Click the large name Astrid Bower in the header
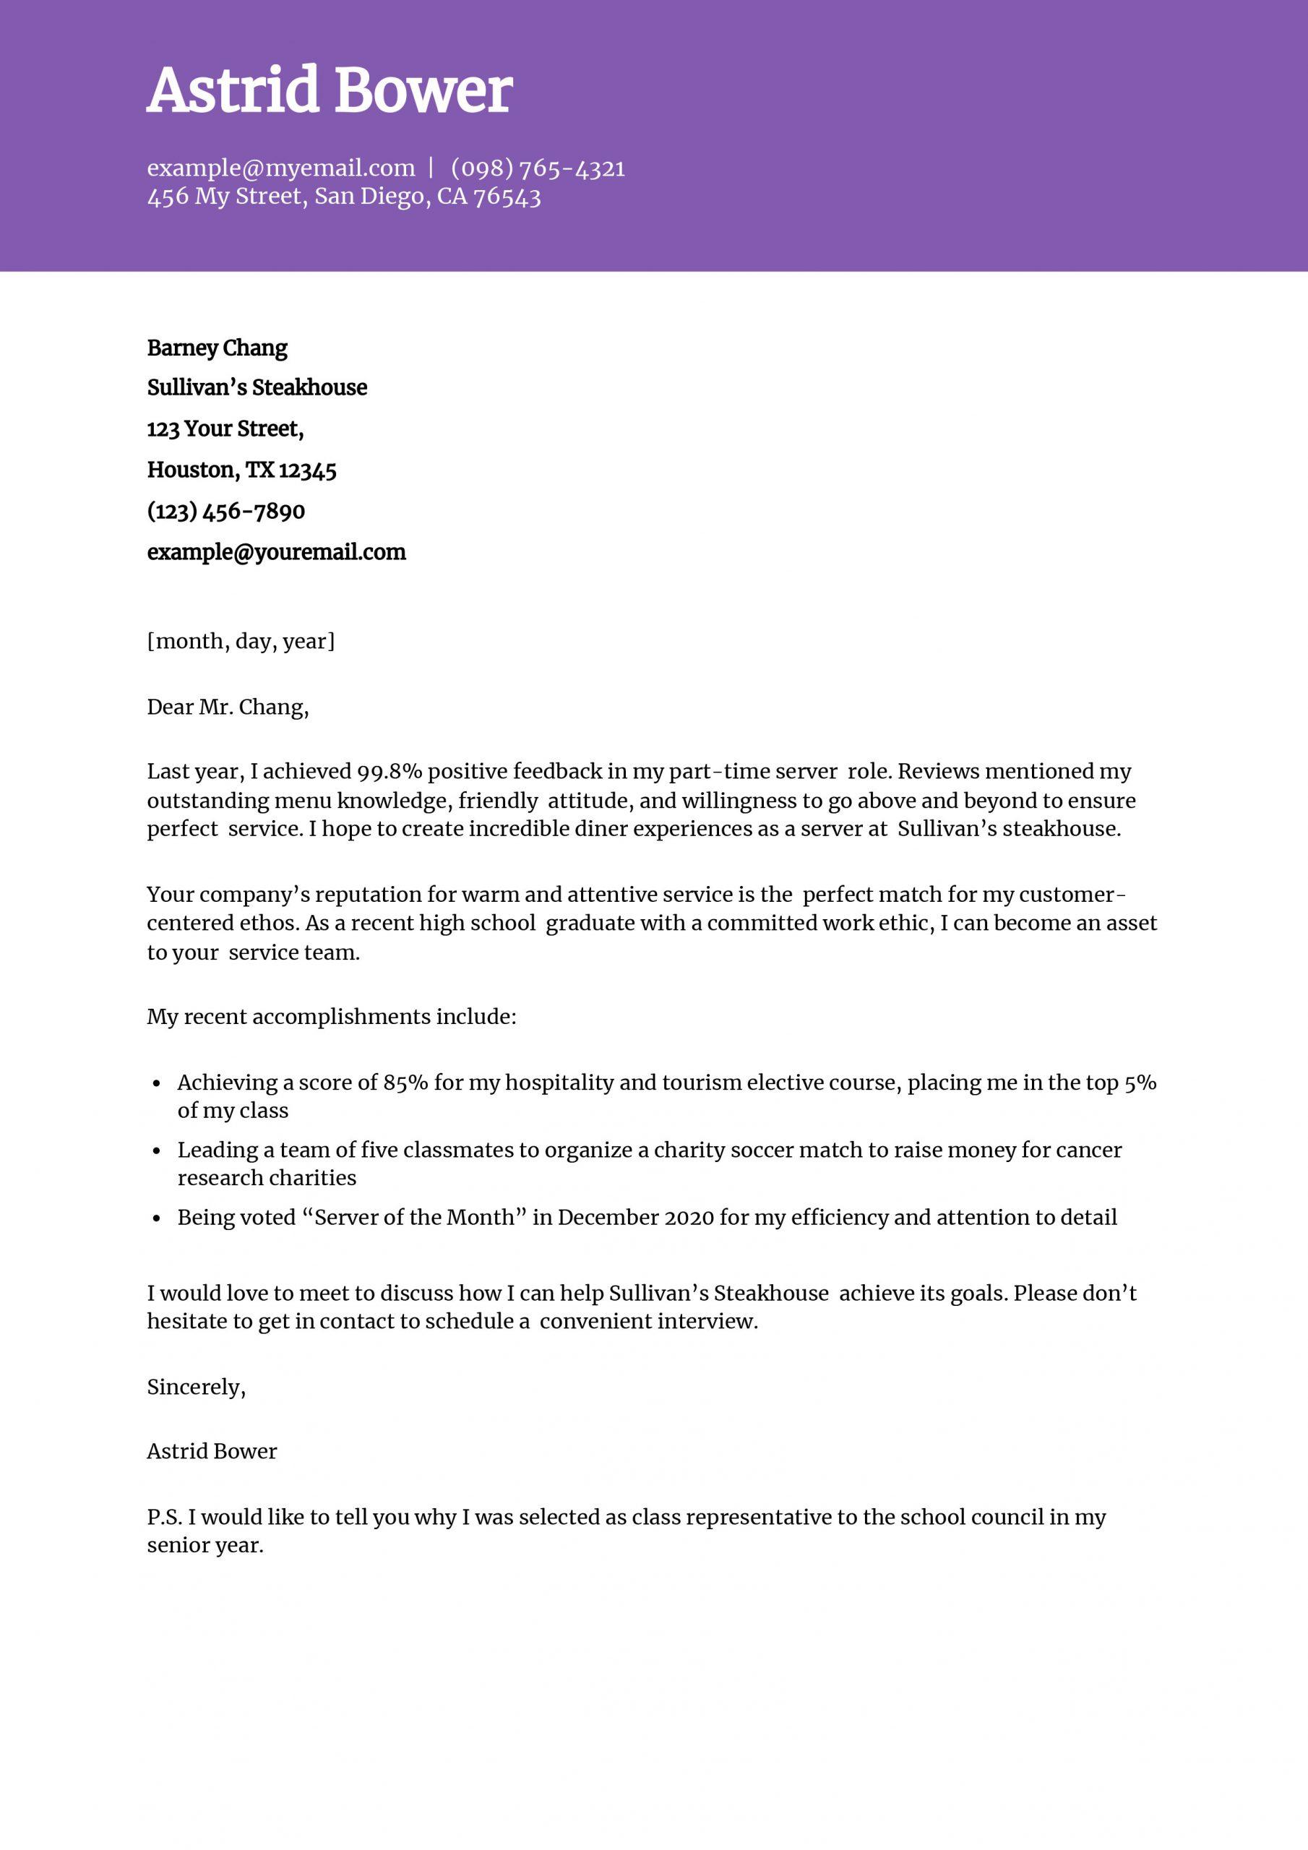(329, 90)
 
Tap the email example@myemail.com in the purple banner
(280, 168)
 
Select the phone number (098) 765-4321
(538, 168)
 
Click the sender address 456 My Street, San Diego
(343, 197)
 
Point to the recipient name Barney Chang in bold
(217, 348)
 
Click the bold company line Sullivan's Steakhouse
(257, 388)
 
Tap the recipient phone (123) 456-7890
(225, 511)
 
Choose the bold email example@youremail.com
(275, 552)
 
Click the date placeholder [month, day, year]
(240, 642)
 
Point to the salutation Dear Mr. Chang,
(227, 707)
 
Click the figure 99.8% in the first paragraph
(390, 772)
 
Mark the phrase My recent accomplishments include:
(330, 1017)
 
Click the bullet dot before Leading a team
(158, 1151)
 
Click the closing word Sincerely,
(196, 1387)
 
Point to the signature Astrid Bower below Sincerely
(211, 1452)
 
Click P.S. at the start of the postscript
(165, 1518)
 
